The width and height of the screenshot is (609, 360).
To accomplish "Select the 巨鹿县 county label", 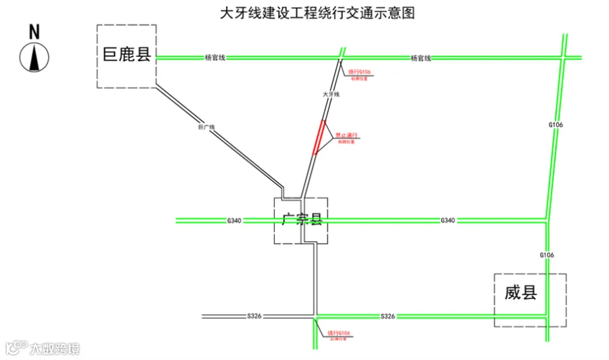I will pos(127,55).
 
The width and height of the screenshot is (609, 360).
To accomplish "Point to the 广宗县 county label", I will pos(300,219).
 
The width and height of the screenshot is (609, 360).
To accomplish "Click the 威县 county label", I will pos(520,293).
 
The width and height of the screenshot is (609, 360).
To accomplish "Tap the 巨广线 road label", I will pos(206,127).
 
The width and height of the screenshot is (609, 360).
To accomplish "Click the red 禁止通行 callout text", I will pos(346,135).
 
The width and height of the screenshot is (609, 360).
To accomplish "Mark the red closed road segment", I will pos(318,137).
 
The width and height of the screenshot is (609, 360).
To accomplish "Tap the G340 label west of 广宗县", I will pos(234,221).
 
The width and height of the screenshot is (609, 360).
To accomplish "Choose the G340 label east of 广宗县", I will pos(448,221).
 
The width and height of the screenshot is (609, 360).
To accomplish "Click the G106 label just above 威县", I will pos(547,255).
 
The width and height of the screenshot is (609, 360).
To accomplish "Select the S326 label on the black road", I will pos(254,316).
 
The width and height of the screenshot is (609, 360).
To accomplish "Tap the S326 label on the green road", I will pos(388,316).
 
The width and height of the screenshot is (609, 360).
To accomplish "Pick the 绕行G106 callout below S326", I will pos(338,333).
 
